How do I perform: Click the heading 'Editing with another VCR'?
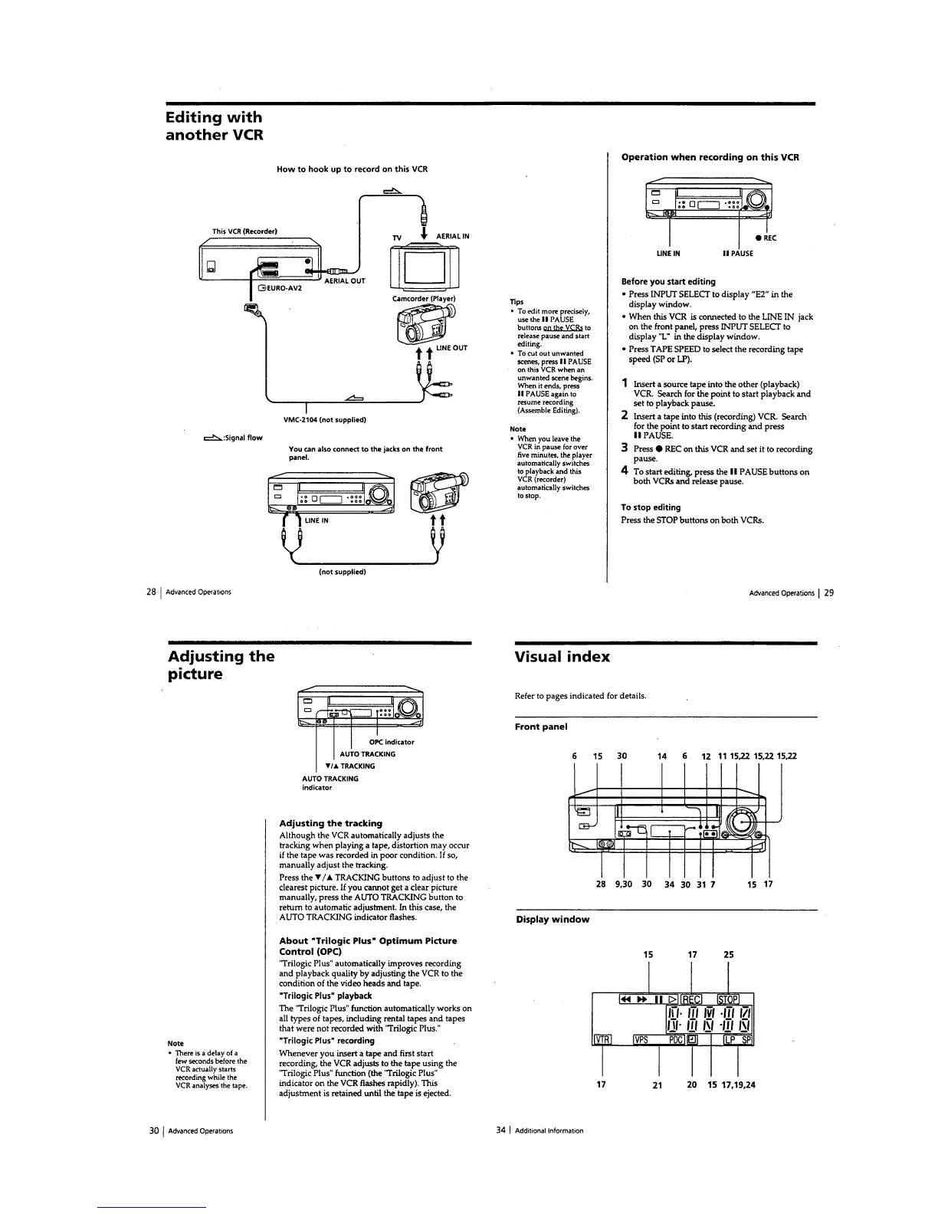pyautogui.click(x=214, y=126)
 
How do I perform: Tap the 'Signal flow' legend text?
pyautogui.click(x=243, y=438)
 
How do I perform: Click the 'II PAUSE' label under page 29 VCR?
pyautogui.click(x=737, y=253)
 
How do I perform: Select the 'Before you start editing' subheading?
pyautogui.click(x=667, y=281)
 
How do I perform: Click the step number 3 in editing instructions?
pyautogui.click(x=626, y=448)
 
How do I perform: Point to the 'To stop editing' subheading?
pyautogui.click(x=651, y=507)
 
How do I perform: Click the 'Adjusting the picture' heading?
pyautogui.click(x=221, y=665)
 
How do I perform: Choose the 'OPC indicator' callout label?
pyautogui.click(x=391, y=742)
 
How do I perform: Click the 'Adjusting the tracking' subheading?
pyautogui.click(x=330, y=823)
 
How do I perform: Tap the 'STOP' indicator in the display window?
pyautogui.click(x=727, y=999)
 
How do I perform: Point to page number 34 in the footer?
pyautogui.click(x=501, y=1130)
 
